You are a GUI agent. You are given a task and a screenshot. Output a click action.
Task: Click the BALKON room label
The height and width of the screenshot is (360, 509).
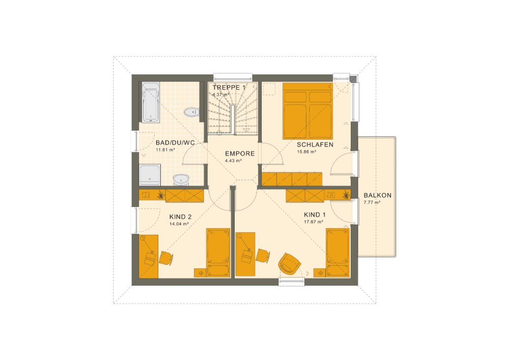click(377, 195)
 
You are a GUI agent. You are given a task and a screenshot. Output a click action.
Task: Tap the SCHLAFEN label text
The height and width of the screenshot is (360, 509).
click(315, 145)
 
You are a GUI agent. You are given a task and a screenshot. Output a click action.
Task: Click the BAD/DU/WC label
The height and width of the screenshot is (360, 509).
click(176, 143)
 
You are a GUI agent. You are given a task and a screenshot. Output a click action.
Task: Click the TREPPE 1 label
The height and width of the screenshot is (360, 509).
click(229, 88)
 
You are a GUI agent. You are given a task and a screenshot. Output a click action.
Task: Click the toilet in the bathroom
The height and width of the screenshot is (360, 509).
click(191, 112)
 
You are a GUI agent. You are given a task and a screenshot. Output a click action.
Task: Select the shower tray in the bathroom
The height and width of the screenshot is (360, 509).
click(150, 174)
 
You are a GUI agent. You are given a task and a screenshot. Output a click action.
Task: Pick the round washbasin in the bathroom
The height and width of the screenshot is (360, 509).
click(181, 179)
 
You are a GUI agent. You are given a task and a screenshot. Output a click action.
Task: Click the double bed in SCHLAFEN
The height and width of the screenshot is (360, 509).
click(307, 110)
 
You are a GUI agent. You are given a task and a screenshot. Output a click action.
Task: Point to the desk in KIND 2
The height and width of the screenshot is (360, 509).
click(148, 256)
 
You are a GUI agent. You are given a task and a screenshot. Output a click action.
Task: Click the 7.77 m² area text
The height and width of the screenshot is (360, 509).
click(372, 202)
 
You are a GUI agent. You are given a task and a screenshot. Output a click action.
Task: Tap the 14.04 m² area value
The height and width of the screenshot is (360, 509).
click(179, 223)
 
